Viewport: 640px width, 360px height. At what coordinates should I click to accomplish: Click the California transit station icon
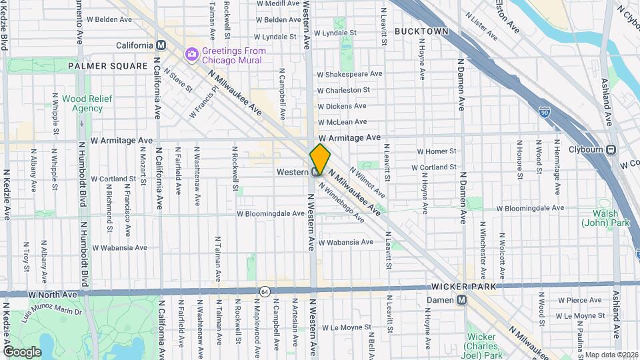coord(160,45)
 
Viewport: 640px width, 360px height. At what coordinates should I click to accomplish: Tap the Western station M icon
coord(316,172)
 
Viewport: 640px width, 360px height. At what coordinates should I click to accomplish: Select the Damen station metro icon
coord(461,301)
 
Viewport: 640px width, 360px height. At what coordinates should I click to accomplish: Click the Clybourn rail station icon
coord(611,150)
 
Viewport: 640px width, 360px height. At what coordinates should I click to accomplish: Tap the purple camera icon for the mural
coord(192,52)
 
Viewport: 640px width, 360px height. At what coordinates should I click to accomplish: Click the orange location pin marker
coord(320,159)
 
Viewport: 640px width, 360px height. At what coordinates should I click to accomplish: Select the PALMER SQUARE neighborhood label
coord(107,66)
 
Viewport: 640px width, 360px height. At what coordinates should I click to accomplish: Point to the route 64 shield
coord(265,291)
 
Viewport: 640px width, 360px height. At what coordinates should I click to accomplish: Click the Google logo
coord(22,351)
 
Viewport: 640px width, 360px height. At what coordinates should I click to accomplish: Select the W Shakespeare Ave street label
coord(349,74)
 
